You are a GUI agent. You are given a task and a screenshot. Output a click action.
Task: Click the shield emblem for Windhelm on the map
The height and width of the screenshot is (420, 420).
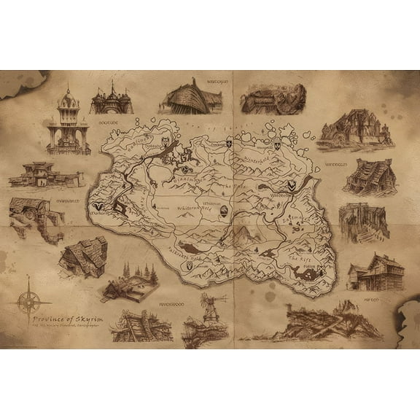(x=290, y=187)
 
